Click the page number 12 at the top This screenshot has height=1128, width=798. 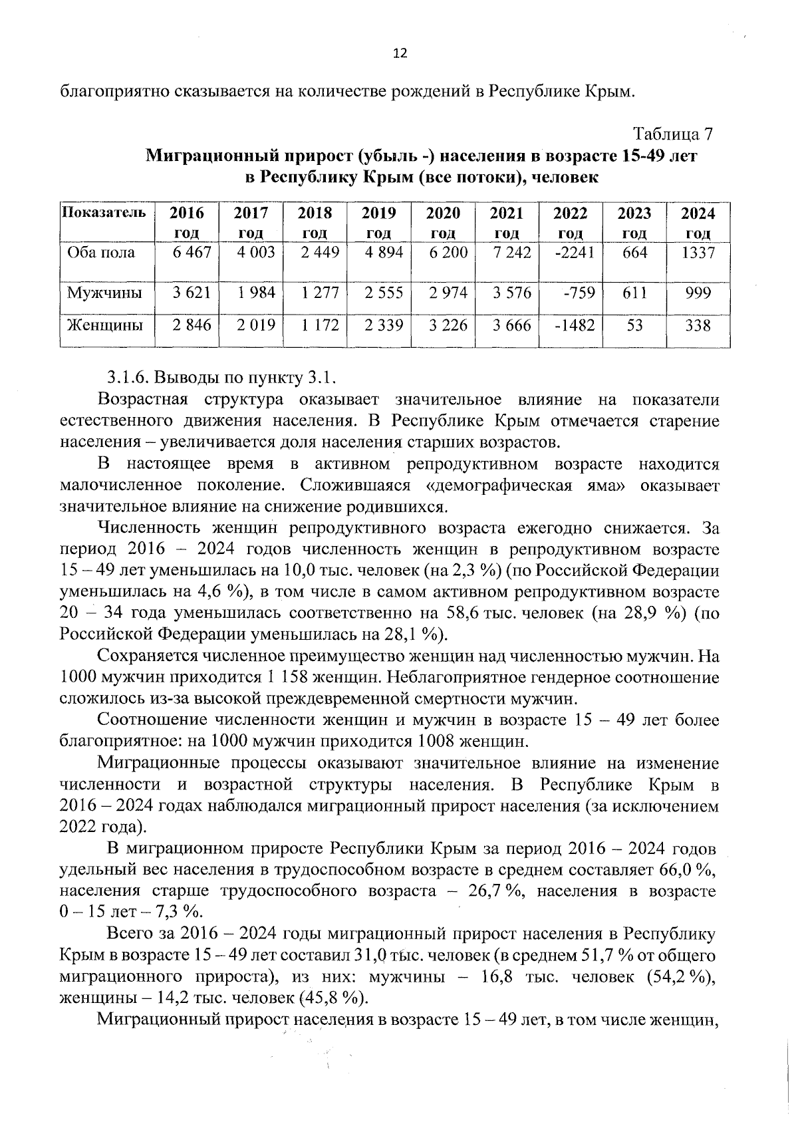pos(400,54)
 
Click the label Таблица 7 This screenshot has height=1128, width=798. pos(672,134)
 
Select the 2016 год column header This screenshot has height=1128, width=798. pos(187,222)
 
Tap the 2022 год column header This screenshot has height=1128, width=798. pos(571,222)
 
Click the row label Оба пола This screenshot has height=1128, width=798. pos(100,253)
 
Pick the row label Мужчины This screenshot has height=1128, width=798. pos(104,293)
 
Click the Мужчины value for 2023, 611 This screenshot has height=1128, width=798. pos(635,293)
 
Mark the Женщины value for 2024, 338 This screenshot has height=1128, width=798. pos(698,325)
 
